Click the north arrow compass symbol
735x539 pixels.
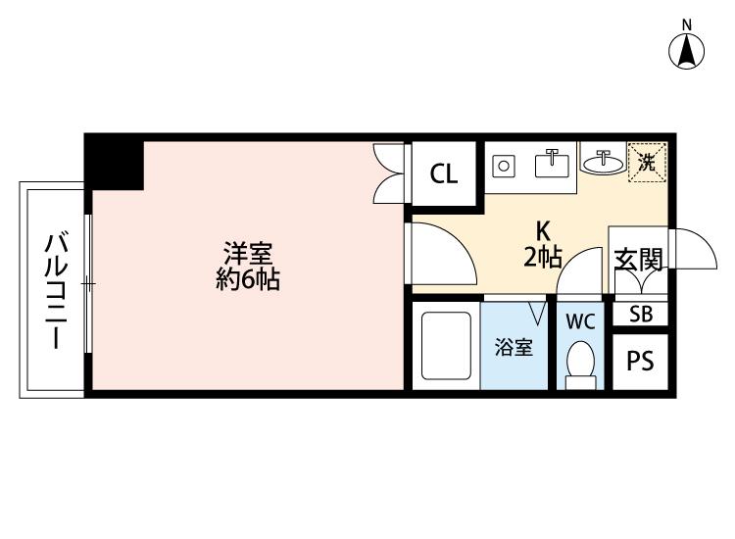pos(687,52)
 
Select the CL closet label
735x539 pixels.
pos(443,173)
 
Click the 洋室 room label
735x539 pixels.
pos(248,254)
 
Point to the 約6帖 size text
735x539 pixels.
pos(248,280)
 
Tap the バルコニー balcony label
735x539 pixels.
pos(56,291)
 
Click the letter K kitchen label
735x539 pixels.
pos(543,230)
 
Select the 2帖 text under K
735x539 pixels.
pos(543,257)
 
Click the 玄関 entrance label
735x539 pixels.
pos(639,260)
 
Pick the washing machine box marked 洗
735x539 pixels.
pos(648,162)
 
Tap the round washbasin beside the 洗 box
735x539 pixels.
pos(603,163)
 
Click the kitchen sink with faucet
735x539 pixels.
pos(552,163)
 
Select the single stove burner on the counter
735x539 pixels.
pos(504,166)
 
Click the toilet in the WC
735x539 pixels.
pos(581,365)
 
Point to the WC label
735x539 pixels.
pos(580,321)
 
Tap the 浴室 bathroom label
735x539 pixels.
pos(514,347)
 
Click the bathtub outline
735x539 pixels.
pos(446,346)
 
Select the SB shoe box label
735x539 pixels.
pos(641,314)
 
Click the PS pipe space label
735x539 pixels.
pos(640,361)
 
